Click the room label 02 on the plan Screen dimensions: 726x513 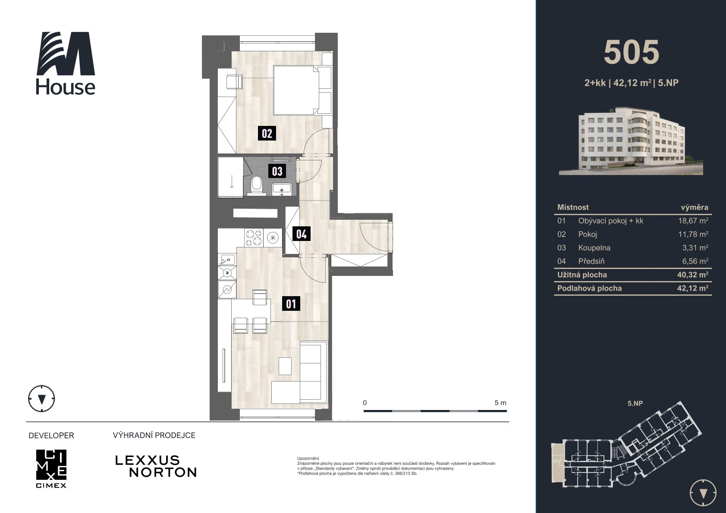(267, 133)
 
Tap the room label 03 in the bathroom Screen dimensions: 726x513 (277, 171)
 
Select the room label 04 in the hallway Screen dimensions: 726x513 (302, 234)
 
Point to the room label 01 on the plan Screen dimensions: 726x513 (291, 304)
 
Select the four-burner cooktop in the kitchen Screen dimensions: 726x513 (254, 238)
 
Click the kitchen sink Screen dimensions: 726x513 (227, 260)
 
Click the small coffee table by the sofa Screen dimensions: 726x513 (285, 366)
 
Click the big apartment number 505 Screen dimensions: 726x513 (632, 53)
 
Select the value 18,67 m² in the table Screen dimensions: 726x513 (693, 221)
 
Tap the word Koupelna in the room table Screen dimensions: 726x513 (594, 248)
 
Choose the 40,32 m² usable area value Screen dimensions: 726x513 (693, 275)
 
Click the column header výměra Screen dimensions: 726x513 (695, 207)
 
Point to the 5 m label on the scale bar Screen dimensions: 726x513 (500, 403)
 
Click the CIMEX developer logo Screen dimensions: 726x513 (51, 468)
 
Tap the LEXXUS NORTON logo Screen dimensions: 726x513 (156, 466)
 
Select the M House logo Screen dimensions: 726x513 (66, 63)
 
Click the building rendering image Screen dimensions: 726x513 (631, 141)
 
